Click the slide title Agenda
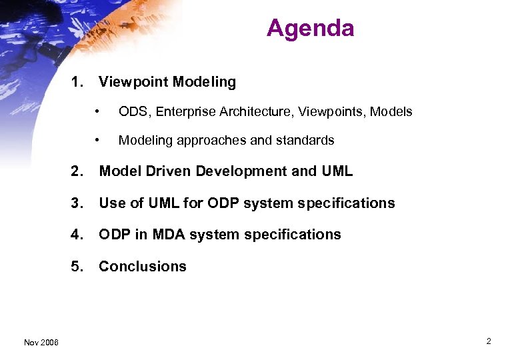coord(310,28)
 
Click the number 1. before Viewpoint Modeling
coord(77,82)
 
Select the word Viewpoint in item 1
coord(133,82)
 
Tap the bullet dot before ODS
coord(97,111)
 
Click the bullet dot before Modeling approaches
coord(97,140)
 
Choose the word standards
coord(307,141)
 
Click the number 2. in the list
coord(77,171)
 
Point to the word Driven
coord(164,171)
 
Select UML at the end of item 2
coord(337,171)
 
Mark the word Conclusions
coord(143,267)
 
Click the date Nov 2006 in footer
coord(41,343)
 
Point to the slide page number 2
coord(488,341)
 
